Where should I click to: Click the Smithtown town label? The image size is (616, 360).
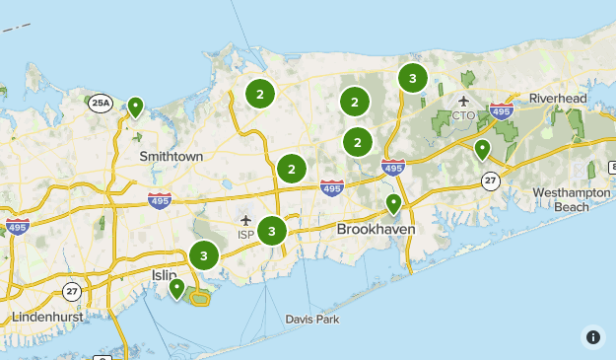coord(171,156)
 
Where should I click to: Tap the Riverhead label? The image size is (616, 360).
coord(557,99)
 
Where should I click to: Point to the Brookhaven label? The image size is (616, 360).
coord(376,228)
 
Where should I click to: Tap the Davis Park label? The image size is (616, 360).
coord(312,319)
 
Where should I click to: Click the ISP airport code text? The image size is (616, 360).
coord(245,234)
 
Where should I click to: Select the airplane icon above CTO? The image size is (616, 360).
coord(463,101)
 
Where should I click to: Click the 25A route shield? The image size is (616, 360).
coord(101,102)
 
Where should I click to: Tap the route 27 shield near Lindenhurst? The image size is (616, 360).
coord(72,291)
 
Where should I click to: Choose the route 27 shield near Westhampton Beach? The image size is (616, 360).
coord(490,180)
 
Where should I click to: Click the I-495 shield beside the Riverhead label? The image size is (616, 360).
coord(501,112)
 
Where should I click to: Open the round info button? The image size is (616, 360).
coord(592,336)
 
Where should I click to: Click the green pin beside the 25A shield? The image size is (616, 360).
coord(135,107)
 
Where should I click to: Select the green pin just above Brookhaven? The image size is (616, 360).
coord(393,204)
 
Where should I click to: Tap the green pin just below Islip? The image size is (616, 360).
coord(176,288)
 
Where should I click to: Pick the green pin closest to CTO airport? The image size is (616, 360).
coord(482,149)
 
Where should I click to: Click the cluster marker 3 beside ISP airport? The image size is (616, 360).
coord(271,232)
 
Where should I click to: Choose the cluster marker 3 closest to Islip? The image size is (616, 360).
coord(204,255)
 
